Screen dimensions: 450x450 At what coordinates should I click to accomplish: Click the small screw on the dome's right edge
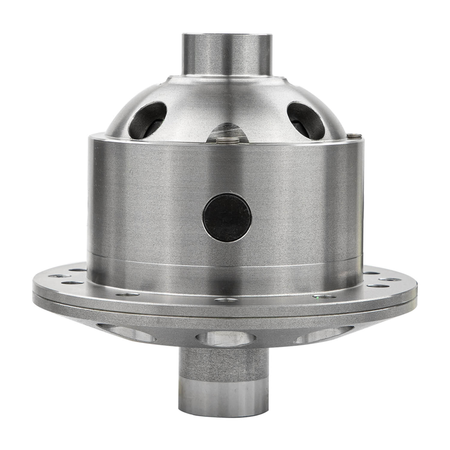355,136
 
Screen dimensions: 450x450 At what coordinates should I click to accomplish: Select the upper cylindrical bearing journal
227,54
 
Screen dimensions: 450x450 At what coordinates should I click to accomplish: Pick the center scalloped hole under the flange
226,338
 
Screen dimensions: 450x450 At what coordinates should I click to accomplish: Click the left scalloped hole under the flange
132,333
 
